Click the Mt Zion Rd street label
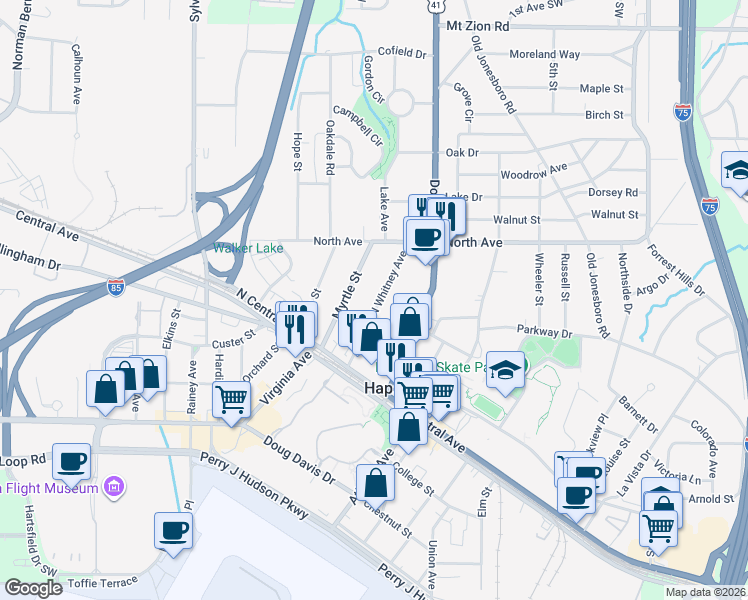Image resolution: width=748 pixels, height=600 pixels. pos(478,26)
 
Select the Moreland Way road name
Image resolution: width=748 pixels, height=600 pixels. pos(544,55)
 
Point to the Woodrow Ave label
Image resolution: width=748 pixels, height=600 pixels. pos(534,172)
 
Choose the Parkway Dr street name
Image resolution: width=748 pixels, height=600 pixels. pos(544,331)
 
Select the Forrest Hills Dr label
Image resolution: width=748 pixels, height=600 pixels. pos(675,271)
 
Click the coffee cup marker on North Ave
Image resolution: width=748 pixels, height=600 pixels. pos(425,237)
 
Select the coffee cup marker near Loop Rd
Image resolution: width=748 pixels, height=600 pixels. pos(71,461)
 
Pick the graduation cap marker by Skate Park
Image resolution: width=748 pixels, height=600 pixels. pos(506,371)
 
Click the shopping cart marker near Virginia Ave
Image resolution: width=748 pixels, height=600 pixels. pos(231,398)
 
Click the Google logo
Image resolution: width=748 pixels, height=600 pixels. pos(33,588)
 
